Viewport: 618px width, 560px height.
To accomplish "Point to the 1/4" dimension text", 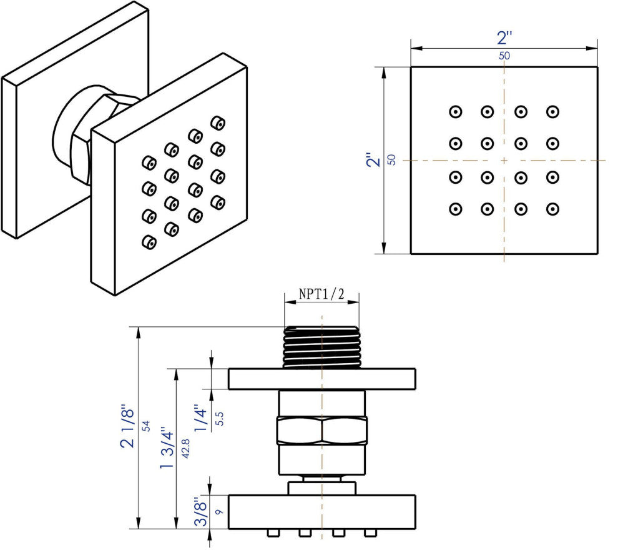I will (200, 417).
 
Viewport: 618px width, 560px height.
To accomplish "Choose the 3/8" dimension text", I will (200, 512).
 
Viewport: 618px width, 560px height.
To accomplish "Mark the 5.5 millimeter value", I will (218, 418).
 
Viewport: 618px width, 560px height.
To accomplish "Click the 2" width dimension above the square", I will (504, 38).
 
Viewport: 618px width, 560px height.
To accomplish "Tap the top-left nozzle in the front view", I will (456, 112).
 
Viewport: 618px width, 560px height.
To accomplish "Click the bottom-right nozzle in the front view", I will (552, 209).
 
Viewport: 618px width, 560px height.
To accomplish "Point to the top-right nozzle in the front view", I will (552, 112).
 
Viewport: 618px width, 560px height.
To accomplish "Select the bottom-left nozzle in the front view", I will (456, 209).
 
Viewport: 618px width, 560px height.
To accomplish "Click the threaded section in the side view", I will (321, 347).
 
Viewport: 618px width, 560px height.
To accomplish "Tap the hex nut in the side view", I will (321, 430).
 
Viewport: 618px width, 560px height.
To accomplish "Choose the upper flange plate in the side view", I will (321, 379).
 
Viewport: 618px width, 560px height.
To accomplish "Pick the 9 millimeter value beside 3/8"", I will (218, 512).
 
